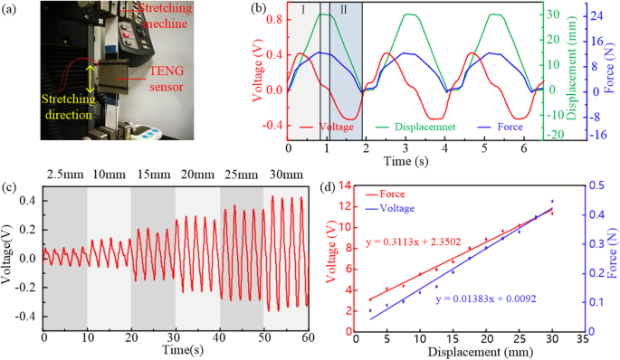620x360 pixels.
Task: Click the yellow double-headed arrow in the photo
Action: (x=89, y=76)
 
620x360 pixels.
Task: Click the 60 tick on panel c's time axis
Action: (x=308, y=338)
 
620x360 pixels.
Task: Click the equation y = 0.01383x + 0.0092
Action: (x=485, y=298)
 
